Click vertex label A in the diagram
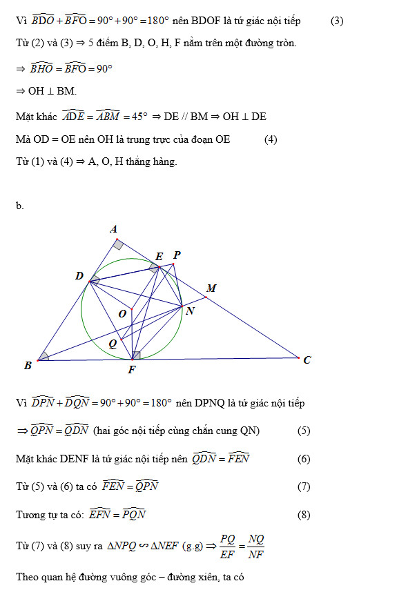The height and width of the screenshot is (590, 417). [x=115, y=229]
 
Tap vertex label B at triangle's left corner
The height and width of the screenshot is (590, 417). [x=28, y=366]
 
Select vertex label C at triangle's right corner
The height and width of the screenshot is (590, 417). [x=307, y=360]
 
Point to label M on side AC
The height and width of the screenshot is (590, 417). [x=211, y=288]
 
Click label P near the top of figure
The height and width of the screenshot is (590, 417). [x=177, y=255]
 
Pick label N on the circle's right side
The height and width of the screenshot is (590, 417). [x=190, y=311]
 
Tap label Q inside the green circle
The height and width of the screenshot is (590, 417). [x=113, y=343]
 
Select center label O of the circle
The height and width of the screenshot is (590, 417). [x=122, y=314]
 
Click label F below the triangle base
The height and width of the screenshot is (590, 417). [x=132, y=370]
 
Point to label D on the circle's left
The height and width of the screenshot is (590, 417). [x=79, y=276]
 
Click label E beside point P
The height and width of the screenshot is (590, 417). [x=159, y=256]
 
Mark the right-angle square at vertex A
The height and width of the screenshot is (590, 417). [x=119, y=244]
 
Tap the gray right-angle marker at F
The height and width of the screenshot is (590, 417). [x=136, y=355]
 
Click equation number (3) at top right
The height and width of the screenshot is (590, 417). [x=336, y=21]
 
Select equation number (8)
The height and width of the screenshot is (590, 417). [x=304, y=515]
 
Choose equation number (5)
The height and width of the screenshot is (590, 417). [x=304, y=431]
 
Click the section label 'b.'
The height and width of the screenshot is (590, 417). [x=19, y=205]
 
